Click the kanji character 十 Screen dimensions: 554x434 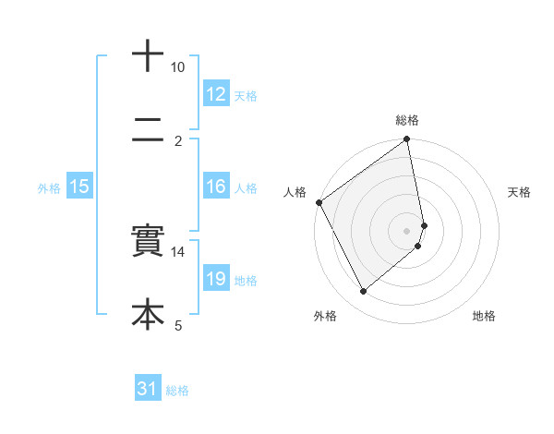(148, 55)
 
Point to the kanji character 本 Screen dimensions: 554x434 (148, 314)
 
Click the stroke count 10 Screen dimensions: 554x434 (178, 67)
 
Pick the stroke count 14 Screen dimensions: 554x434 (178, 251)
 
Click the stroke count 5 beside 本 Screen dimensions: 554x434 (178, 324)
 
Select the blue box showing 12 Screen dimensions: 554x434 (215, 94)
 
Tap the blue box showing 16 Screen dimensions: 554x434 (215, 187)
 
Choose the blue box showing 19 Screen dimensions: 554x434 (215, 279)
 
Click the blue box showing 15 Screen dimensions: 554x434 (79, 187)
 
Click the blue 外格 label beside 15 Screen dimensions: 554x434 (49, 187)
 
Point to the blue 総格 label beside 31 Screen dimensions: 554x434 (177, 391)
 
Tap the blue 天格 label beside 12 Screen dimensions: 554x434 (246, 95)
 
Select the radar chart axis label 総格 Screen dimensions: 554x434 (407, 120)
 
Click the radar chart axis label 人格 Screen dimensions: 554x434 (295, 192)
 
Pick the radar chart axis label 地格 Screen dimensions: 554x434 (484, 316)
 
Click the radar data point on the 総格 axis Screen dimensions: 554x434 (407, 140)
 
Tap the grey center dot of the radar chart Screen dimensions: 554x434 (407, 230)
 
